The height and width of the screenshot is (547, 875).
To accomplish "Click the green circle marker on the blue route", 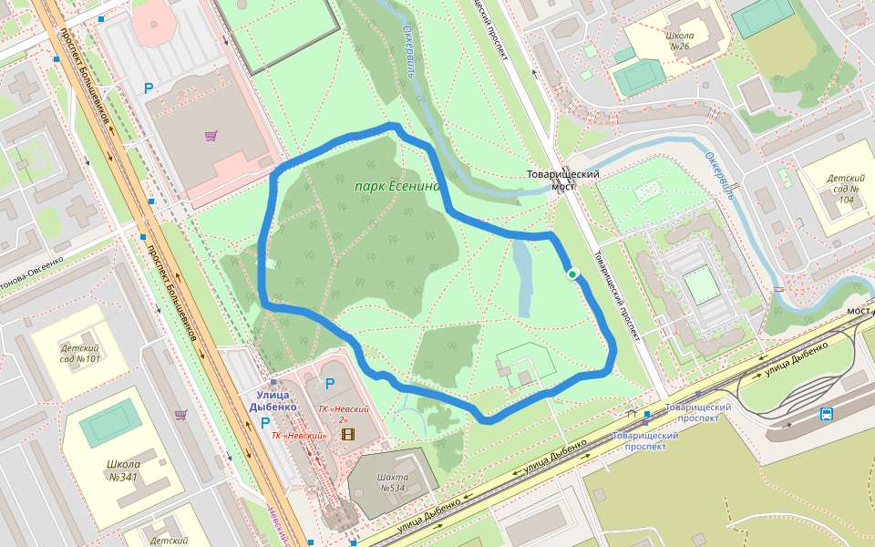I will (572, 273).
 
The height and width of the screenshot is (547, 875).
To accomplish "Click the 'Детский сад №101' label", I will (79, 353).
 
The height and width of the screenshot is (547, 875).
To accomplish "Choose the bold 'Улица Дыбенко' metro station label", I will (273, 400).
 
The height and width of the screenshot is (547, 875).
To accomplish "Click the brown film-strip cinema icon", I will (347, 434).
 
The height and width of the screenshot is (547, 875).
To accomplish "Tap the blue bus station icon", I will (826, 414).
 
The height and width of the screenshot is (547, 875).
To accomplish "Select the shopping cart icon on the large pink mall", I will (211, 137).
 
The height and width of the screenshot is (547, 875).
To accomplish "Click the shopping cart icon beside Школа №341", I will (180, 415).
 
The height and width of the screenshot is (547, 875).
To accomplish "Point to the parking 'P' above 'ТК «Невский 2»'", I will (330, 384).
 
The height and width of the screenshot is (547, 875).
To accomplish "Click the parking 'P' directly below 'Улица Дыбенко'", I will (265, 423).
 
